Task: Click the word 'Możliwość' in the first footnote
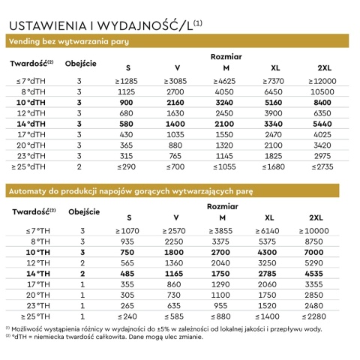tap(31, 329)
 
